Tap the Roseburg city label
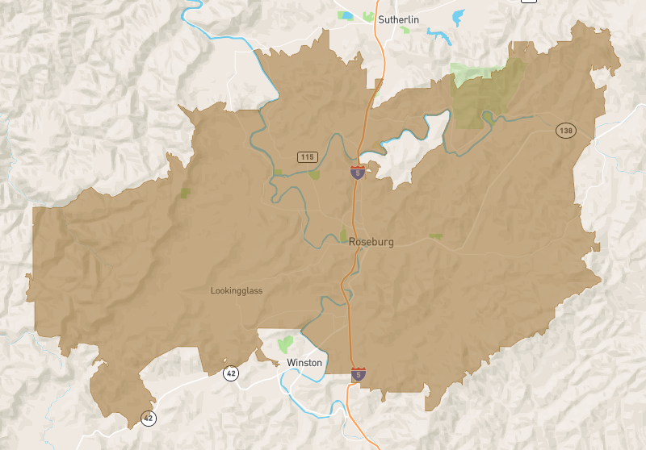371,242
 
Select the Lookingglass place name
237,291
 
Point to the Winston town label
304,363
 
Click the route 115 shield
306,156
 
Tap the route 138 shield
564,130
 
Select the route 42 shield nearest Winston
231,373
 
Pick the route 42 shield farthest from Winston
148,418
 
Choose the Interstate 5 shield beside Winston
358,373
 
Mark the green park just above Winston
284,344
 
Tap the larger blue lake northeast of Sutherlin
459,16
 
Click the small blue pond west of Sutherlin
346,15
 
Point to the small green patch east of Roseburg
435,235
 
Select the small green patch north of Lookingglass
185,193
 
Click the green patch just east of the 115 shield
314,173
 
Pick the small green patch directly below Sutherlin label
404,30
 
